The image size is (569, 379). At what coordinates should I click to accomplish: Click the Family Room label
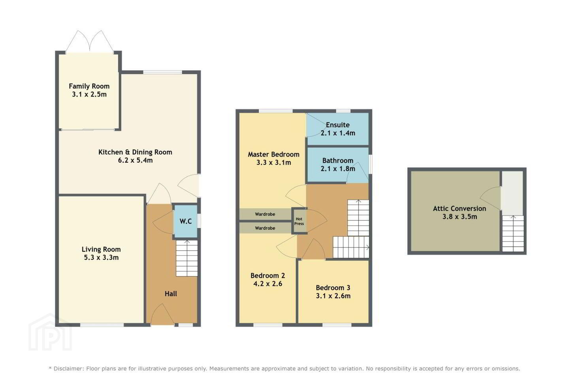click(89, 86)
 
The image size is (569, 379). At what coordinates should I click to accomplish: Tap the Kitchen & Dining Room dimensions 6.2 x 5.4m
click(136, 160)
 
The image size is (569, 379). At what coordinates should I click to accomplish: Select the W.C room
click(186, 221)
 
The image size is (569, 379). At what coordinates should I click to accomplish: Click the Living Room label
click(101, 250)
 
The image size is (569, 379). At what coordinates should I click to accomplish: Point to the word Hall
click(171, 294)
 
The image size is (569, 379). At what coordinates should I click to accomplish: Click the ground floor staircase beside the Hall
click(187, 259)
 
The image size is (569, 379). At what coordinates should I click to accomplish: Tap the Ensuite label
click(337, 125)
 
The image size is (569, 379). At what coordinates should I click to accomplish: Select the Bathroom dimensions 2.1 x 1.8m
click(338, 169)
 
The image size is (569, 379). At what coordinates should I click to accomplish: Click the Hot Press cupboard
click(299, 221)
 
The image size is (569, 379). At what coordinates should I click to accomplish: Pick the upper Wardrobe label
click(265, 214)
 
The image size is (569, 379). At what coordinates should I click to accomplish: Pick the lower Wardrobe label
click(265, 228)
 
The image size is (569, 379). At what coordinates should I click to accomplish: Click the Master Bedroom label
click(273, 155)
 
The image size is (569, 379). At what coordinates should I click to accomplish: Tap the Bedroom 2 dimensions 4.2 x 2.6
click(268, 284)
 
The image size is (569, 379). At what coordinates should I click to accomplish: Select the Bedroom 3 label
click(333, 288)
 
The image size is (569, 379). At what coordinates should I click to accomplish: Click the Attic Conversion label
click(460, 209)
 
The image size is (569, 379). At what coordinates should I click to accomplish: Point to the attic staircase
click(513, 234)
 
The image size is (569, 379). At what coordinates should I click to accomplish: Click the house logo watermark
click(50, 332)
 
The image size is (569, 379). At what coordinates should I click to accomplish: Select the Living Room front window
click(102, 325)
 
